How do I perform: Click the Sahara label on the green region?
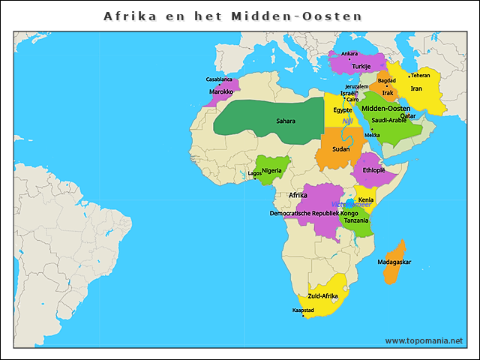(x=285, y=121)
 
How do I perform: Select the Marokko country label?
(x=220, y=91)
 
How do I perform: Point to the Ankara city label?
(x=349, y=54)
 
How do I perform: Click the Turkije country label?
(x=352, y=66)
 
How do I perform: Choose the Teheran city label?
(x=420, y=76)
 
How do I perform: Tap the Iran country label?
(x=416, y=88)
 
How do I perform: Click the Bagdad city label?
(x=386, y=80)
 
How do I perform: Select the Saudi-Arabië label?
(x=389, y=120)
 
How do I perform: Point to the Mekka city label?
(x=372, y=135)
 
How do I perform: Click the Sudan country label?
(x=340, y=148)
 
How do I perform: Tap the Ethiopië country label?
(x=373, y=170)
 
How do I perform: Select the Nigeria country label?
(x=271, y=170)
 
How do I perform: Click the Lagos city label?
(x=255, y=173)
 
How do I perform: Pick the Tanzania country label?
(x=355, y=220)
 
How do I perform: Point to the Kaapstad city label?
(x=302, y=310)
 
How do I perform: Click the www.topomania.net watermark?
(x=424, y=340)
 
